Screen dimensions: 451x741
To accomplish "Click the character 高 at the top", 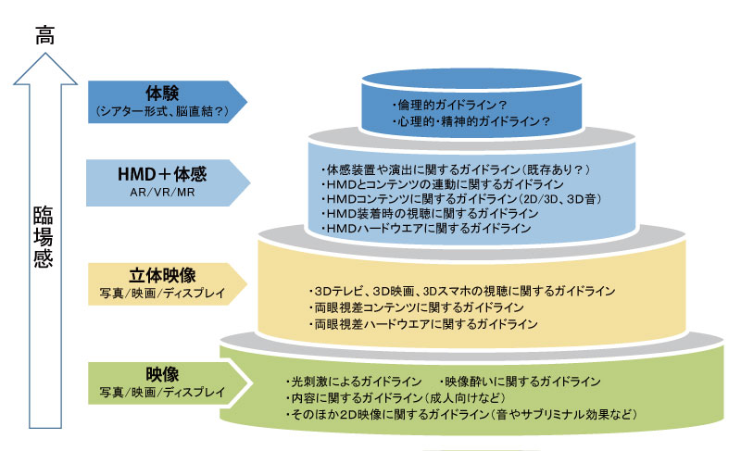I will click(x=45, y=34).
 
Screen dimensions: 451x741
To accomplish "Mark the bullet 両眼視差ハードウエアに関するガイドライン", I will click(x=423, y=324).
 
